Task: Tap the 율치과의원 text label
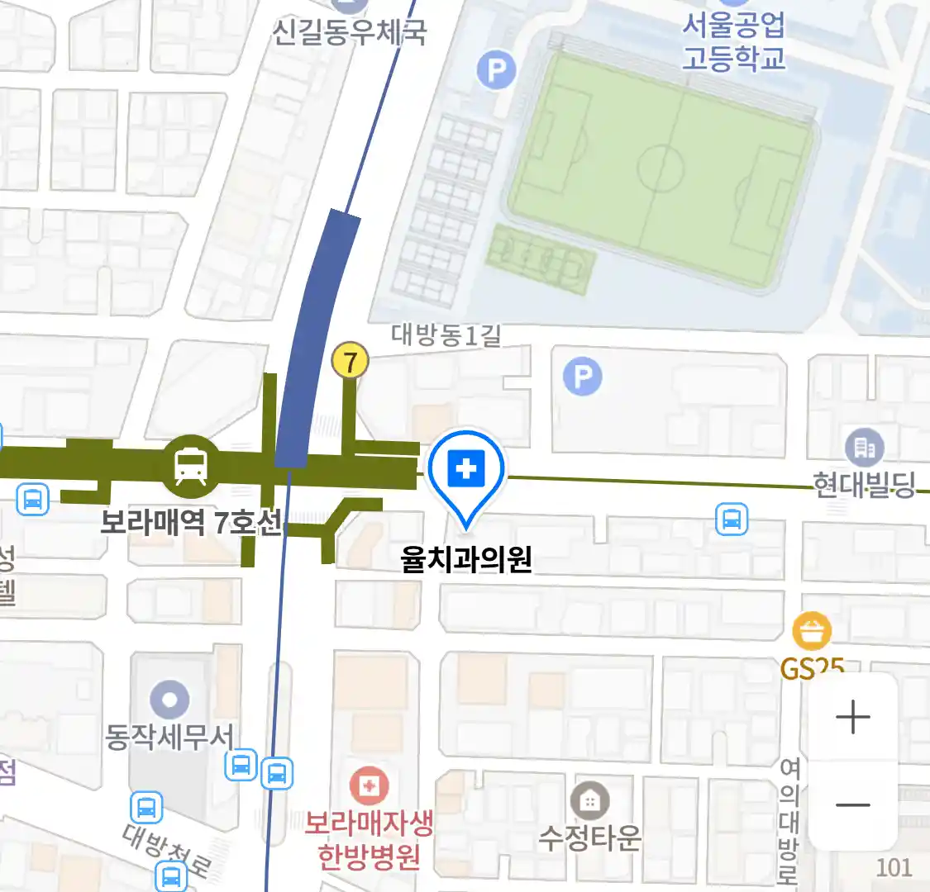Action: click(465, 560)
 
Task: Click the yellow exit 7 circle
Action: click(350, 362)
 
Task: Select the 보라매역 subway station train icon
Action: click(192, 467)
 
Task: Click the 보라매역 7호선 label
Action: click(191, 523)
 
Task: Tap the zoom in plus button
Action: click(852, 717)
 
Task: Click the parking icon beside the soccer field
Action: click(496, 71)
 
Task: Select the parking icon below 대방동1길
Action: click(582, 377)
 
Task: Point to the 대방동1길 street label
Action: click(446, 334)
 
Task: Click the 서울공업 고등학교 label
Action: click(733, 41)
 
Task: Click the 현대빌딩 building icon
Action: click(865, 448)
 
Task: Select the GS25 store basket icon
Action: click(812, 633)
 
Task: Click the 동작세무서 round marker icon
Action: click(169, 700)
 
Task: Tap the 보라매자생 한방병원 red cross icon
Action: click(370, 785)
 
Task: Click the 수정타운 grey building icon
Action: click(589, 801)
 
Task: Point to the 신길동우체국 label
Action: click(350, 32)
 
